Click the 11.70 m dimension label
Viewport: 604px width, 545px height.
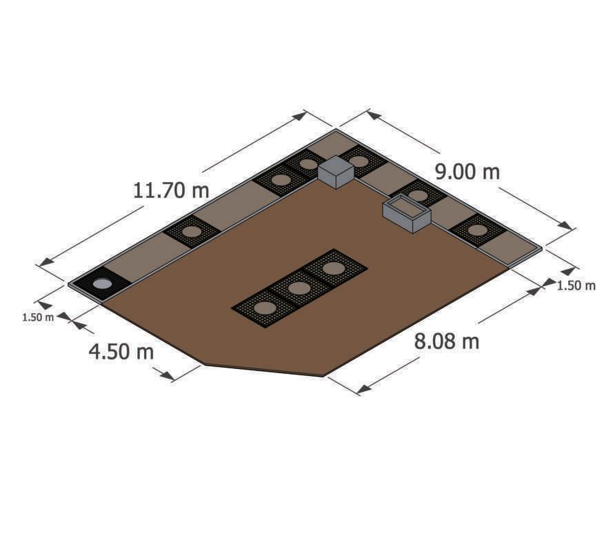[171, 190]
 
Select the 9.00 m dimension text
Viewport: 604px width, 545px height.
[467, 172]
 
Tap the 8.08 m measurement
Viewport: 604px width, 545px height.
[447, 341]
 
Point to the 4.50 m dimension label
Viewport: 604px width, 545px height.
[121, 352]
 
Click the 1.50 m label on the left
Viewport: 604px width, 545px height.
[38, 318]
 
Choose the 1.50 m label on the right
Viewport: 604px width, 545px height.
[576, 286]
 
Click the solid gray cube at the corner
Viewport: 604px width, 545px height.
[336, 172]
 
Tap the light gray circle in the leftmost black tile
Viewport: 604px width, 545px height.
[103, 284]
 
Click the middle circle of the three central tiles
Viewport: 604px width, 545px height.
[299, 288]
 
